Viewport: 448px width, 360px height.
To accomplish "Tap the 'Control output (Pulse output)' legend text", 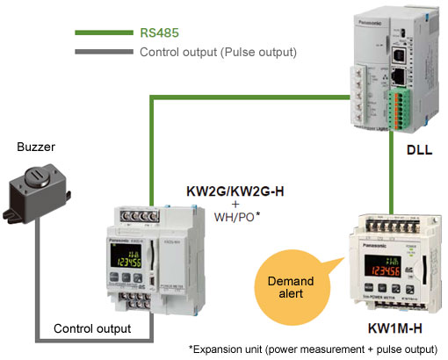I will [x=218, y=53].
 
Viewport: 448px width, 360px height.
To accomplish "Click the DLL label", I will [x=418, y=150].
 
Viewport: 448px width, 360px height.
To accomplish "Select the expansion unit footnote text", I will [x=314, y=349].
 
